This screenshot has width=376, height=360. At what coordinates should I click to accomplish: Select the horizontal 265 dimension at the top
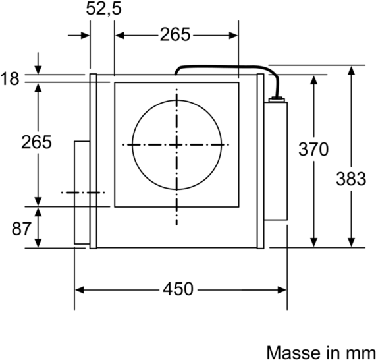pyautogui.click(x=175, y=35)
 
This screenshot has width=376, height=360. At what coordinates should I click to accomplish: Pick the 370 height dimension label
pyautogui.click(x=313, y=150)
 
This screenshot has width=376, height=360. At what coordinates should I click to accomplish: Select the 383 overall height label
pyautogui.click(x=350, y=179)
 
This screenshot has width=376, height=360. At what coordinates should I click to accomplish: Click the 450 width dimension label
pyautogui.click(x=178, y=289)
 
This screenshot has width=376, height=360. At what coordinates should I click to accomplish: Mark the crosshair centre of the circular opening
pyautogui.click(x=176, y=144)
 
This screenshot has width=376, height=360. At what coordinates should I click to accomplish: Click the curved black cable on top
pyautogui.click(x=224, y=65)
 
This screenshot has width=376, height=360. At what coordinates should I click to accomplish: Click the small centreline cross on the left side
pyautogui.click(x=82, y=193)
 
